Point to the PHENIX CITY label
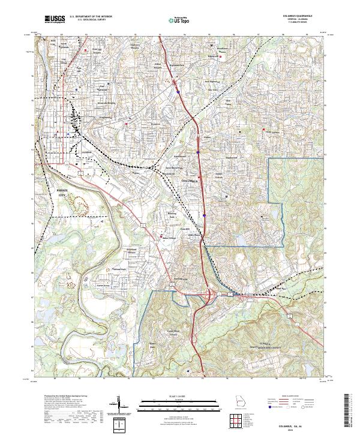62,191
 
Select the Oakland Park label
120,269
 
